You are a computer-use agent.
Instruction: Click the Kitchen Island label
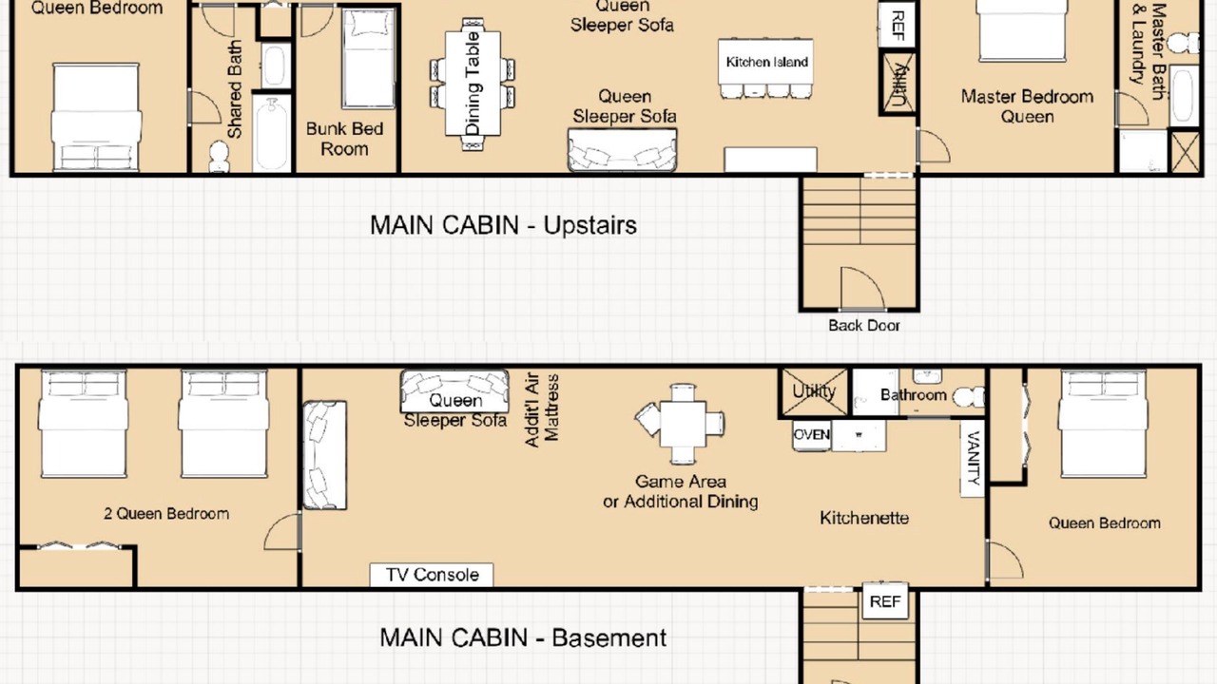pyautogui.click(x=766, y=62)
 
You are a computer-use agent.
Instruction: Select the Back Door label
pyautogui.click(x=864, y=325)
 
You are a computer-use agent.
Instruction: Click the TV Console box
pyautogui.click(x=432, y=575)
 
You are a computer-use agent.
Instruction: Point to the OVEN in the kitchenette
pyautogui.click(x=812, y=435)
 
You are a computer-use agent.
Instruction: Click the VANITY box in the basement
pyautogui.click(x=973, y=458)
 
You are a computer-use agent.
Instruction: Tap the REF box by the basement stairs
pyautogui.click(x=885, y=601)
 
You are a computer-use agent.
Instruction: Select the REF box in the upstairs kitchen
pyautogui.click(x=898, y=25)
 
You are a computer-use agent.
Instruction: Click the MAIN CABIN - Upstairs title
pyautogui.click(x=503, y=225)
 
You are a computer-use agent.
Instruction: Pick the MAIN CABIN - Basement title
pyautogui.click(x=523, y=637)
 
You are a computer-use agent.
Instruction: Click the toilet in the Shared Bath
pyautogui.click(x=219, y=157)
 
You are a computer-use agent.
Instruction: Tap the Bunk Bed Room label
pyautogui.click(x=344, y=139)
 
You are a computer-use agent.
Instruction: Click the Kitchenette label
pyautogui.click(x=864, y=518)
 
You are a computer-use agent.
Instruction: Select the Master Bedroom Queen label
pyautogui.click(x=1027, y=106)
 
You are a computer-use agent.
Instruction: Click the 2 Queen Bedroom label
pyautogui.click(x=166, y=514)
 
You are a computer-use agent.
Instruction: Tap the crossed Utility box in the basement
pyautogui.click(x=814, y=392)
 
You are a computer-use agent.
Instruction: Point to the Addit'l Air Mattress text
pyautogui.click(x=542, y=409)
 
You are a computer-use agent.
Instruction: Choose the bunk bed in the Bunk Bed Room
pyautogui.click(x=368, y=58)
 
